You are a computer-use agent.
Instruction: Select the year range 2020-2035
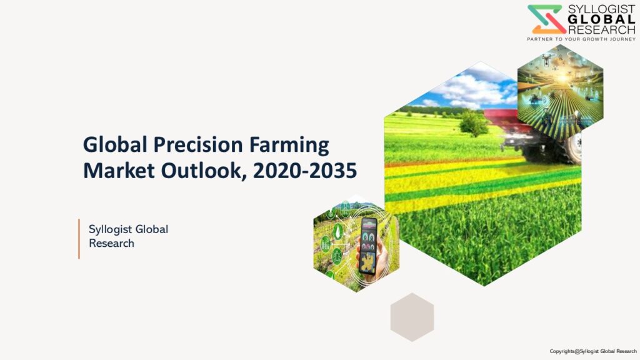(305, 171)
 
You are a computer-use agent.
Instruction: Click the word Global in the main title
(115, 145)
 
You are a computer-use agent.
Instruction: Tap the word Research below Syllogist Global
(111, 243)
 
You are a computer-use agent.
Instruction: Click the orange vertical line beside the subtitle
(79, 239)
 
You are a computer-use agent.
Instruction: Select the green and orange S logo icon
(546, 19)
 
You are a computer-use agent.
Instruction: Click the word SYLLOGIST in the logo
(602, 9)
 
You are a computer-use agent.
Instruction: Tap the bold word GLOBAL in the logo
(602, 19)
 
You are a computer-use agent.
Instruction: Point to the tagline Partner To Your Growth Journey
(581, 39)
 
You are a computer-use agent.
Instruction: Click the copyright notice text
(593, 351)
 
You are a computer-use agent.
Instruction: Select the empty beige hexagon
(412, 317)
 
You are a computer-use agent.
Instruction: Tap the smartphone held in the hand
(367, 246)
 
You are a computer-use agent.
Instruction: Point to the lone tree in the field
(474, 123)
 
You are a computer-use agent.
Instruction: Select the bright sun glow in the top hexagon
(563, 77)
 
